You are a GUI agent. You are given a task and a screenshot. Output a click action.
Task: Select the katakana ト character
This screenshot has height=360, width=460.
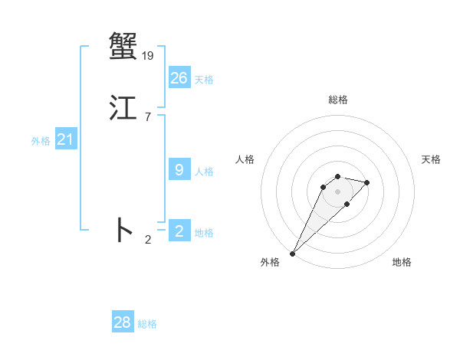click(123, 230)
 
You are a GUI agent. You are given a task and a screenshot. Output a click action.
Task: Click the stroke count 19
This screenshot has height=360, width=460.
click(148, 55)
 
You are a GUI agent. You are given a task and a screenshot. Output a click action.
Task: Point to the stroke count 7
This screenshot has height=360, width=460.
click(147, 116)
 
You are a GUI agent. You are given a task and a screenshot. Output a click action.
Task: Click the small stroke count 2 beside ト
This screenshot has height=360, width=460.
click(148, 240)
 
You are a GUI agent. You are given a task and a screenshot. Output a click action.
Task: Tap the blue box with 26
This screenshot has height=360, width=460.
click(179, 78)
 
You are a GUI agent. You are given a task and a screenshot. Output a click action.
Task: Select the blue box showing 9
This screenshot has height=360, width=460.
click(179, 170)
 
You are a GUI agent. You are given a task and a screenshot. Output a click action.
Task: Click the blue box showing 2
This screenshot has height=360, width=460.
click(179, 231)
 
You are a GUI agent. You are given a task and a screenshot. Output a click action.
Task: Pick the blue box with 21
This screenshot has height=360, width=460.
click(65, 139)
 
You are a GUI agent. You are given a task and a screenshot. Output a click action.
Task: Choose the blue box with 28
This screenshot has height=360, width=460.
click(123, 322)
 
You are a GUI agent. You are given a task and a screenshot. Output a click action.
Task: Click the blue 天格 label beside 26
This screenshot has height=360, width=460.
click(204, 80)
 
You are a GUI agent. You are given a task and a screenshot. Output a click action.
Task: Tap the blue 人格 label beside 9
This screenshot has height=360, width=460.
click(204, 172)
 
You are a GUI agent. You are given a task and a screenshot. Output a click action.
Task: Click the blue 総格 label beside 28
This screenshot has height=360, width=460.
click(147, 324)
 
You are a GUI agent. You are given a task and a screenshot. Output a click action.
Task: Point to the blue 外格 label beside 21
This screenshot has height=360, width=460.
click(41, 141)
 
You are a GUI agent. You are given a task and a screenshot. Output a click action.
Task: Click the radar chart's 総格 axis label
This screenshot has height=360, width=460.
click(337, 100)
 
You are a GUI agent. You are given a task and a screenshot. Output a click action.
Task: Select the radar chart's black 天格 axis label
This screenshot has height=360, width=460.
click(431, 159)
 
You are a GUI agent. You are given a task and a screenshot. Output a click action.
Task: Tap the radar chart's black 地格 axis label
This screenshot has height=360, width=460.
click(402, 262)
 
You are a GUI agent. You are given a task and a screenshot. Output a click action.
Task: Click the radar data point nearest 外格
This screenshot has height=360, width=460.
click(292, 254)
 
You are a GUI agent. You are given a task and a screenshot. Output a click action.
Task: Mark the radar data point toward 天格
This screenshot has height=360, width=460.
click(367, 182)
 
